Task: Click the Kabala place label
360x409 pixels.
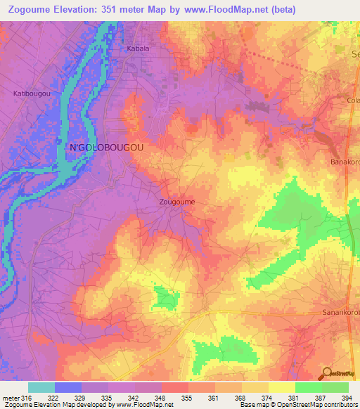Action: (138, 48)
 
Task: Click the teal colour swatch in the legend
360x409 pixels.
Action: (41, 387)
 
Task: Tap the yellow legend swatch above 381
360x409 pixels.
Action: (281, 387)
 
